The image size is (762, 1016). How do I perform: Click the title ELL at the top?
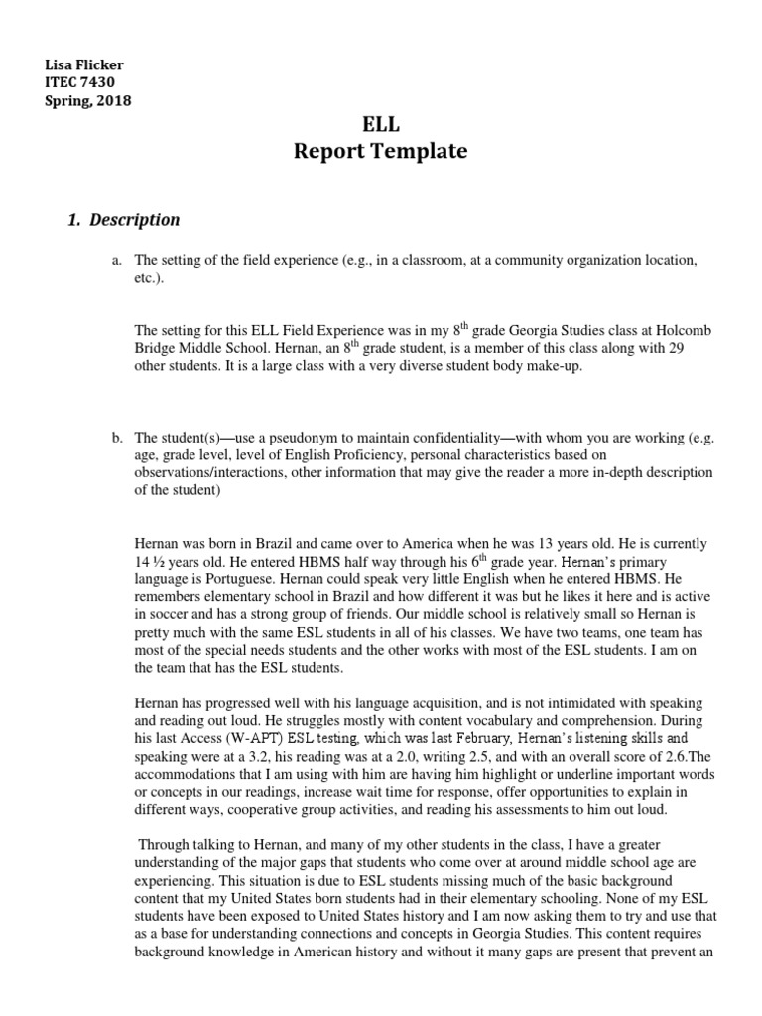click(x=380, y=124)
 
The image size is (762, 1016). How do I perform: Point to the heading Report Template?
click(x=380, y=152)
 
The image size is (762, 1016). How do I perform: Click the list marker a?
click(x=116, y=260)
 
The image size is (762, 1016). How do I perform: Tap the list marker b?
click(x=116, y=437)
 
